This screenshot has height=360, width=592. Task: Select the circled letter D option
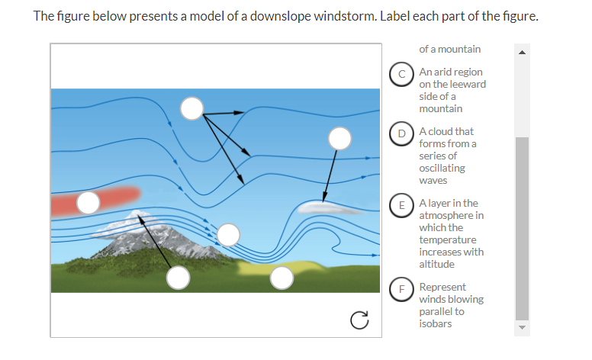tap(401, 133)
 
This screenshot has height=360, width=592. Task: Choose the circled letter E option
tap(401, 204)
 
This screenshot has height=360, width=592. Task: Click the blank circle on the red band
tap(88, 202)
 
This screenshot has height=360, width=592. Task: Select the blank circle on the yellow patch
tap(282, 278)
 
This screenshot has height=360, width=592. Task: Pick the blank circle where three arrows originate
tap(192, 108)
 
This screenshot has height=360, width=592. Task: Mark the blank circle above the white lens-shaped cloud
tap(339, 138)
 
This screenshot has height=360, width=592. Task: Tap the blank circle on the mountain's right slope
tap(228, 234)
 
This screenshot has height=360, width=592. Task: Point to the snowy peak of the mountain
tap(137, 215)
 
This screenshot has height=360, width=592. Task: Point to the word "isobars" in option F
tap(436, 323)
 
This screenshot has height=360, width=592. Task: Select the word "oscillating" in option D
tap(442, 168)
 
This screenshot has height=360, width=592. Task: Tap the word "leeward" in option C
tap(468, 84)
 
